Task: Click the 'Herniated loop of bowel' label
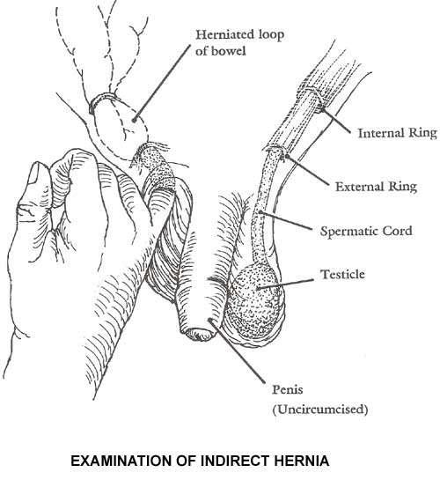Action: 239,42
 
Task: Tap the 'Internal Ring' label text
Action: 398,133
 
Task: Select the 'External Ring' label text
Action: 376,187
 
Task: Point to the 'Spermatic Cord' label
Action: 366,231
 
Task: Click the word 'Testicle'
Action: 342,274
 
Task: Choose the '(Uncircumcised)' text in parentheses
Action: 320,410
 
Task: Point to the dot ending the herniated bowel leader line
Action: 134,120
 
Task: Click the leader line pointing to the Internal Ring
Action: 335,121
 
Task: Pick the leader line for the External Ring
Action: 308,171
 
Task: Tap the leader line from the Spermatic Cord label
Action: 286,220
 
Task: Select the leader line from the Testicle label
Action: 285,284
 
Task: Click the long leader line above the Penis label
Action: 237,351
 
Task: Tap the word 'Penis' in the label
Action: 288,389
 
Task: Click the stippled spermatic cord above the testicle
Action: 262,208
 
